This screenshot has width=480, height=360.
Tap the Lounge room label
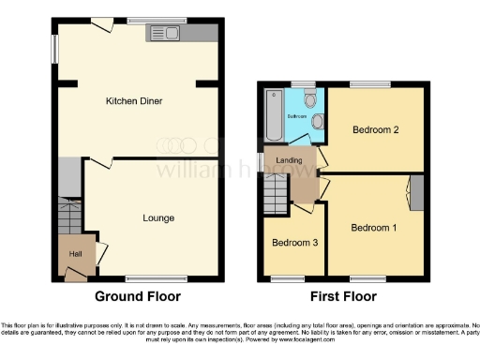[158, 218]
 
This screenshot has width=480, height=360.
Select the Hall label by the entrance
[74, 253]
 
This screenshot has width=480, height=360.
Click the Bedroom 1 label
[373, 228]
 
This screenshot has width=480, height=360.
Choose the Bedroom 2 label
[376, 130]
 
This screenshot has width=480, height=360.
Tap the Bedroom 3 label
[293, 243]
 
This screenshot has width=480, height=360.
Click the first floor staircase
[276, 195]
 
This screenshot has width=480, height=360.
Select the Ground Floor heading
[137, 296]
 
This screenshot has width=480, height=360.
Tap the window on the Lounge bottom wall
[144, 277]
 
